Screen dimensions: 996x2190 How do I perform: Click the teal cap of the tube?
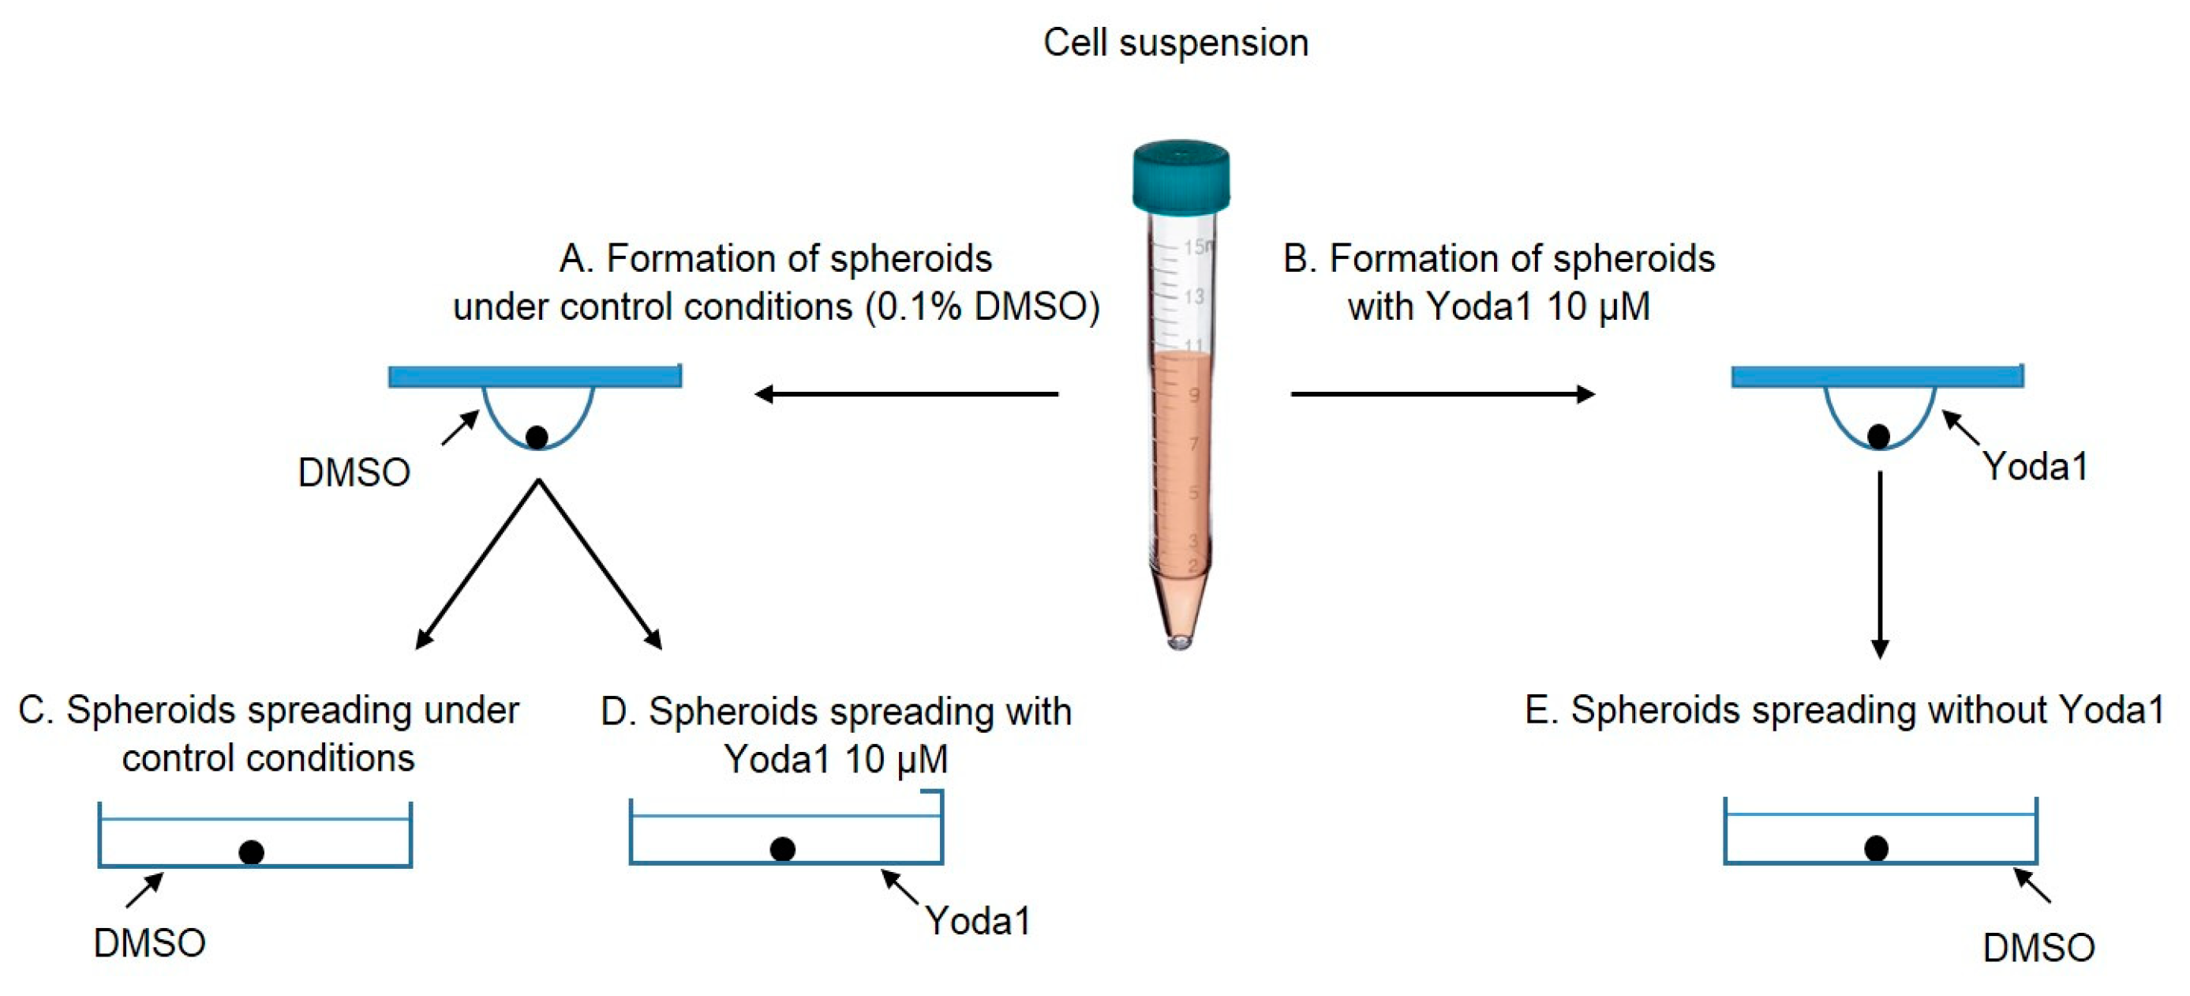(1180, 177)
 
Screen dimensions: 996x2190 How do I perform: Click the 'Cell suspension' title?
(1176, 43)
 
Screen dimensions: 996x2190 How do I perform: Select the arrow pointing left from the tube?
(906, 394)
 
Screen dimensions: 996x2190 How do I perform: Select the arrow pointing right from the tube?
(1443, 394)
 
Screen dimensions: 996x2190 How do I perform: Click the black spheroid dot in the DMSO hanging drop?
(537, 438)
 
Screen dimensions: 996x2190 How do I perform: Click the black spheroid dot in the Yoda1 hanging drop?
(1878, 436)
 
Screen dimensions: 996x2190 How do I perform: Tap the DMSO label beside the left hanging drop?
(354, 472)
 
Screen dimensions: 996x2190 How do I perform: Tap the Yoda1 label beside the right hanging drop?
(2035, 466)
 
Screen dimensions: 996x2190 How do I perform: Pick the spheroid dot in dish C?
(251, 851)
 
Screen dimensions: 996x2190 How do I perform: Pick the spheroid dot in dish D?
(782, 849)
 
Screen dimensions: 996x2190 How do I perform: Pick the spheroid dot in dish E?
(1876, 848)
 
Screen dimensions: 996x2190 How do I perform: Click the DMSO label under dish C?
(150, 942)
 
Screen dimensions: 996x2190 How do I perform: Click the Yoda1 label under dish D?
(978, 920)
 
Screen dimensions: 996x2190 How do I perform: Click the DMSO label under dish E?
(2038, 948)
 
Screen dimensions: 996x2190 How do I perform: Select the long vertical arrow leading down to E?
(1880, 565)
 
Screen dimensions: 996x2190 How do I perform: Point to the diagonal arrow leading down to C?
(477, 565)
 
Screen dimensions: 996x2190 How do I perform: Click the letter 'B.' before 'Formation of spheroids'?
(1299, 258)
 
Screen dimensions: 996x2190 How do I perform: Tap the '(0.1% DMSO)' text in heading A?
(983, 307)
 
